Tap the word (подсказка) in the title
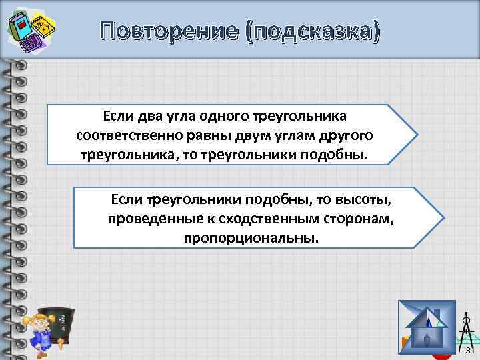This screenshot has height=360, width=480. (x=314, y=32)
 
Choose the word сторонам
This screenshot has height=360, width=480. (x=353, y=219)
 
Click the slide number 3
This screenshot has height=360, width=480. (x=468, y=350)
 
